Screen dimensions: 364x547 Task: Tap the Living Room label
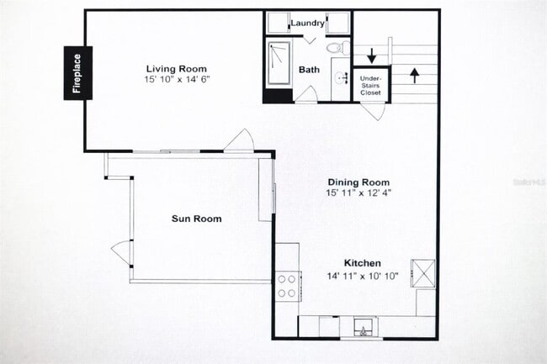pos(176,69)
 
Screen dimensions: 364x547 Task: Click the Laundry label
pos(308,23)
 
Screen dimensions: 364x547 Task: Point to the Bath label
pos(308,71)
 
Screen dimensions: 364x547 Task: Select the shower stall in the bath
pos(278,63)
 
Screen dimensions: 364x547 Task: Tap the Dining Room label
pos(358,182)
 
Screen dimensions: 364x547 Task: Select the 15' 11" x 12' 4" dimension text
pos(358,193)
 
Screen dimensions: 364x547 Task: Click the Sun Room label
pos(196,219)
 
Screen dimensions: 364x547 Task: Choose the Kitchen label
pos(358,263)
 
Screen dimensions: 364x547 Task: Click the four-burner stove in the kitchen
pos(287,287)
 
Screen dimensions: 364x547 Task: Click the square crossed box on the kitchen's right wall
pos(422,273)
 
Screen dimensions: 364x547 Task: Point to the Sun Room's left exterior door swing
pos(120,250)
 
